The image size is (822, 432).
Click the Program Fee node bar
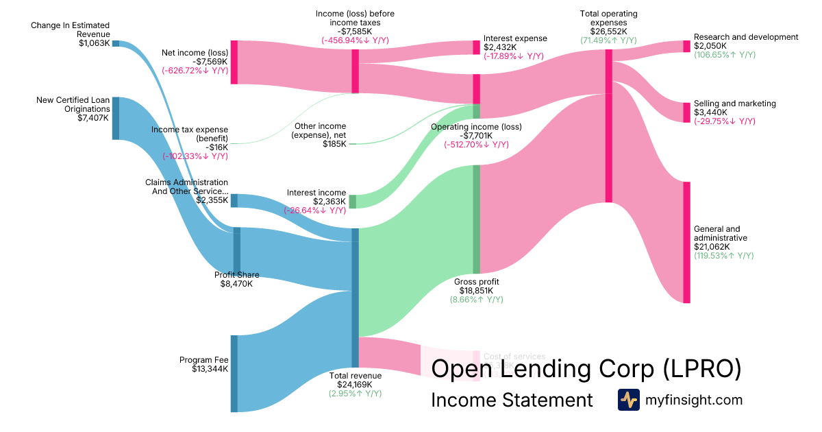pos(234,374)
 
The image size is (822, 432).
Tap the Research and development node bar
pos(686,47)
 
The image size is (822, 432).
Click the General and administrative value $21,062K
pos(712,247)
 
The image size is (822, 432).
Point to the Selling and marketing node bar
pos(686,112)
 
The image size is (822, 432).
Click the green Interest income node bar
pos(353,202)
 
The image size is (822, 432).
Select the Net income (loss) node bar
pos(234,62)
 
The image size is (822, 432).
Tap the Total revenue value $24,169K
pos(355,385)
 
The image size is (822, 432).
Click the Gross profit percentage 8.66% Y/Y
pos(476,300)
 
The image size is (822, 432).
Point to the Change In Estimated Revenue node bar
pos(116,43)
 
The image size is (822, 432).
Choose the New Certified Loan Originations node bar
pos(116,119)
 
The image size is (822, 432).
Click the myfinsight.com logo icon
pos(628,400)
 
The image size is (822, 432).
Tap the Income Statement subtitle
pos(512,400)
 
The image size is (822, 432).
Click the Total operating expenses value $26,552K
pos(608,32)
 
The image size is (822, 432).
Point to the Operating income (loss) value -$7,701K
pos(476,136)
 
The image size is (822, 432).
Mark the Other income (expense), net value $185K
pos(334,144)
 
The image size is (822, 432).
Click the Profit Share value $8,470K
pos(236,284)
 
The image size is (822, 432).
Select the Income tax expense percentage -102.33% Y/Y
pos(195,156)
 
